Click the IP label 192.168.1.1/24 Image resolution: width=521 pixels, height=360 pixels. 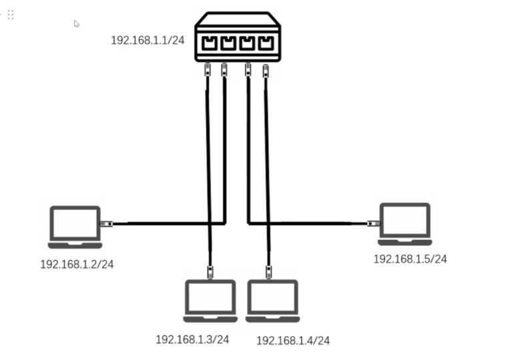click(x=147, y=40)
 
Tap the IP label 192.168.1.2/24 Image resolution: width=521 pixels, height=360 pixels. click(x=77, y=264)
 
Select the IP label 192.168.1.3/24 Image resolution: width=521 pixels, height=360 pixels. click(x=192, y=339)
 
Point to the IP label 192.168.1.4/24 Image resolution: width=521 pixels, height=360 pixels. click(x=293, y=341)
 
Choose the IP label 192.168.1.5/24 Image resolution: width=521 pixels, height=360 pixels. click(x=410, y=259)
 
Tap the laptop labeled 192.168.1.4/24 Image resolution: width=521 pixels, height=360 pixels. click(x=272, y=301)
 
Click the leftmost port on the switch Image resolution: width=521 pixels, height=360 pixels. click(x=209, y=43)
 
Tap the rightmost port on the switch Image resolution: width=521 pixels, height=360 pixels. click(x=266, y=43)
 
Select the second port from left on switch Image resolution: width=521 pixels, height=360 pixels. click(x=228, y=43)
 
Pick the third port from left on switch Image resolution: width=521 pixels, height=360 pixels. click(x=247, y=43)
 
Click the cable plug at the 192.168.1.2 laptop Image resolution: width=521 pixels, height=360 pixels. click(x=105, y=224)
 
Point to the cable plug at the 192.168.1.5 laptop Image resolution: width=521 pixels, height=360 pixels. click(x=374, y=223)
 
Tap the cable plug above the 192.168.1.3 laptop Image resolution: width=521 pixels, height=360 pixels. click(x=211, y=271)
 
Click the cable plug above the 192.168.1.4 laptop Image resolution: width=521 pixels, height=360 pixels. click(x=269, y=271)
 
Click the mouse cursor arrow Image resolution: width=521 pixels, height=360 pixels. click(x=77, y=24)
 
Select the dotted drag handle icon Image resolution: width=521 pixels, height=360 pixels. click(x=11, y=15)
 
